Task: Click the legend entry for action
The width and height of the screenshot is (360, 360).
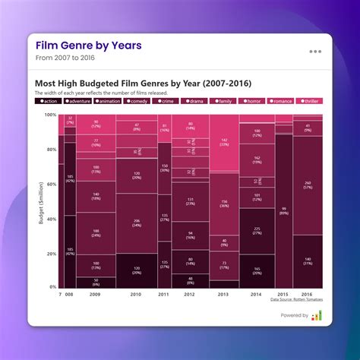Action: coord(49,100)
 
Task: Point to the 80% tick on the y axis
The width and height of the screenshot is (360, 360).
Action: coord(50,150)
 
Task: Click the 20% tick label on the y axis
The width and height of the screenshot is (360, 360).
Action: coord(50,253)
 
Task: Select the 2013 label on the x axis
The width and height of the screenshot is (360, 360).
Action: coord(223,293)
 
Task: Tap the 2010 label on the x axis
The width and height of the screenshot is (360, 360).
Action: coord(136,293)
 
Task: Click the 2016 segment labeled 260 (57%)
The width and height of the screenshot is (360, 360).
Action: coord(307,185)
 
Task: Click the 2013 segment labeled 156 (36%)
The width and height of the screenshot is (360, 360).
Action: coord(223,204)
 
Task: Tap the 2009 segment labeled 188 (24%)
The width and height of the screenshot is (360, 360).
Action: coord(96,232)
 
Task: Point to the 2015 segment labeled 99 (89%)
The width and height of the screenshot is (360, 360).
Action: coord(283,210)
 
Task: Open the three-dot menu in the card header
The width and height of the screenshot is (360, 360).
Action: coord(314,52)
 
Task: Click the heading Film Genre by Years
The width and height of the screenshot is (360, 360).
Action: coord(88,46)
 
